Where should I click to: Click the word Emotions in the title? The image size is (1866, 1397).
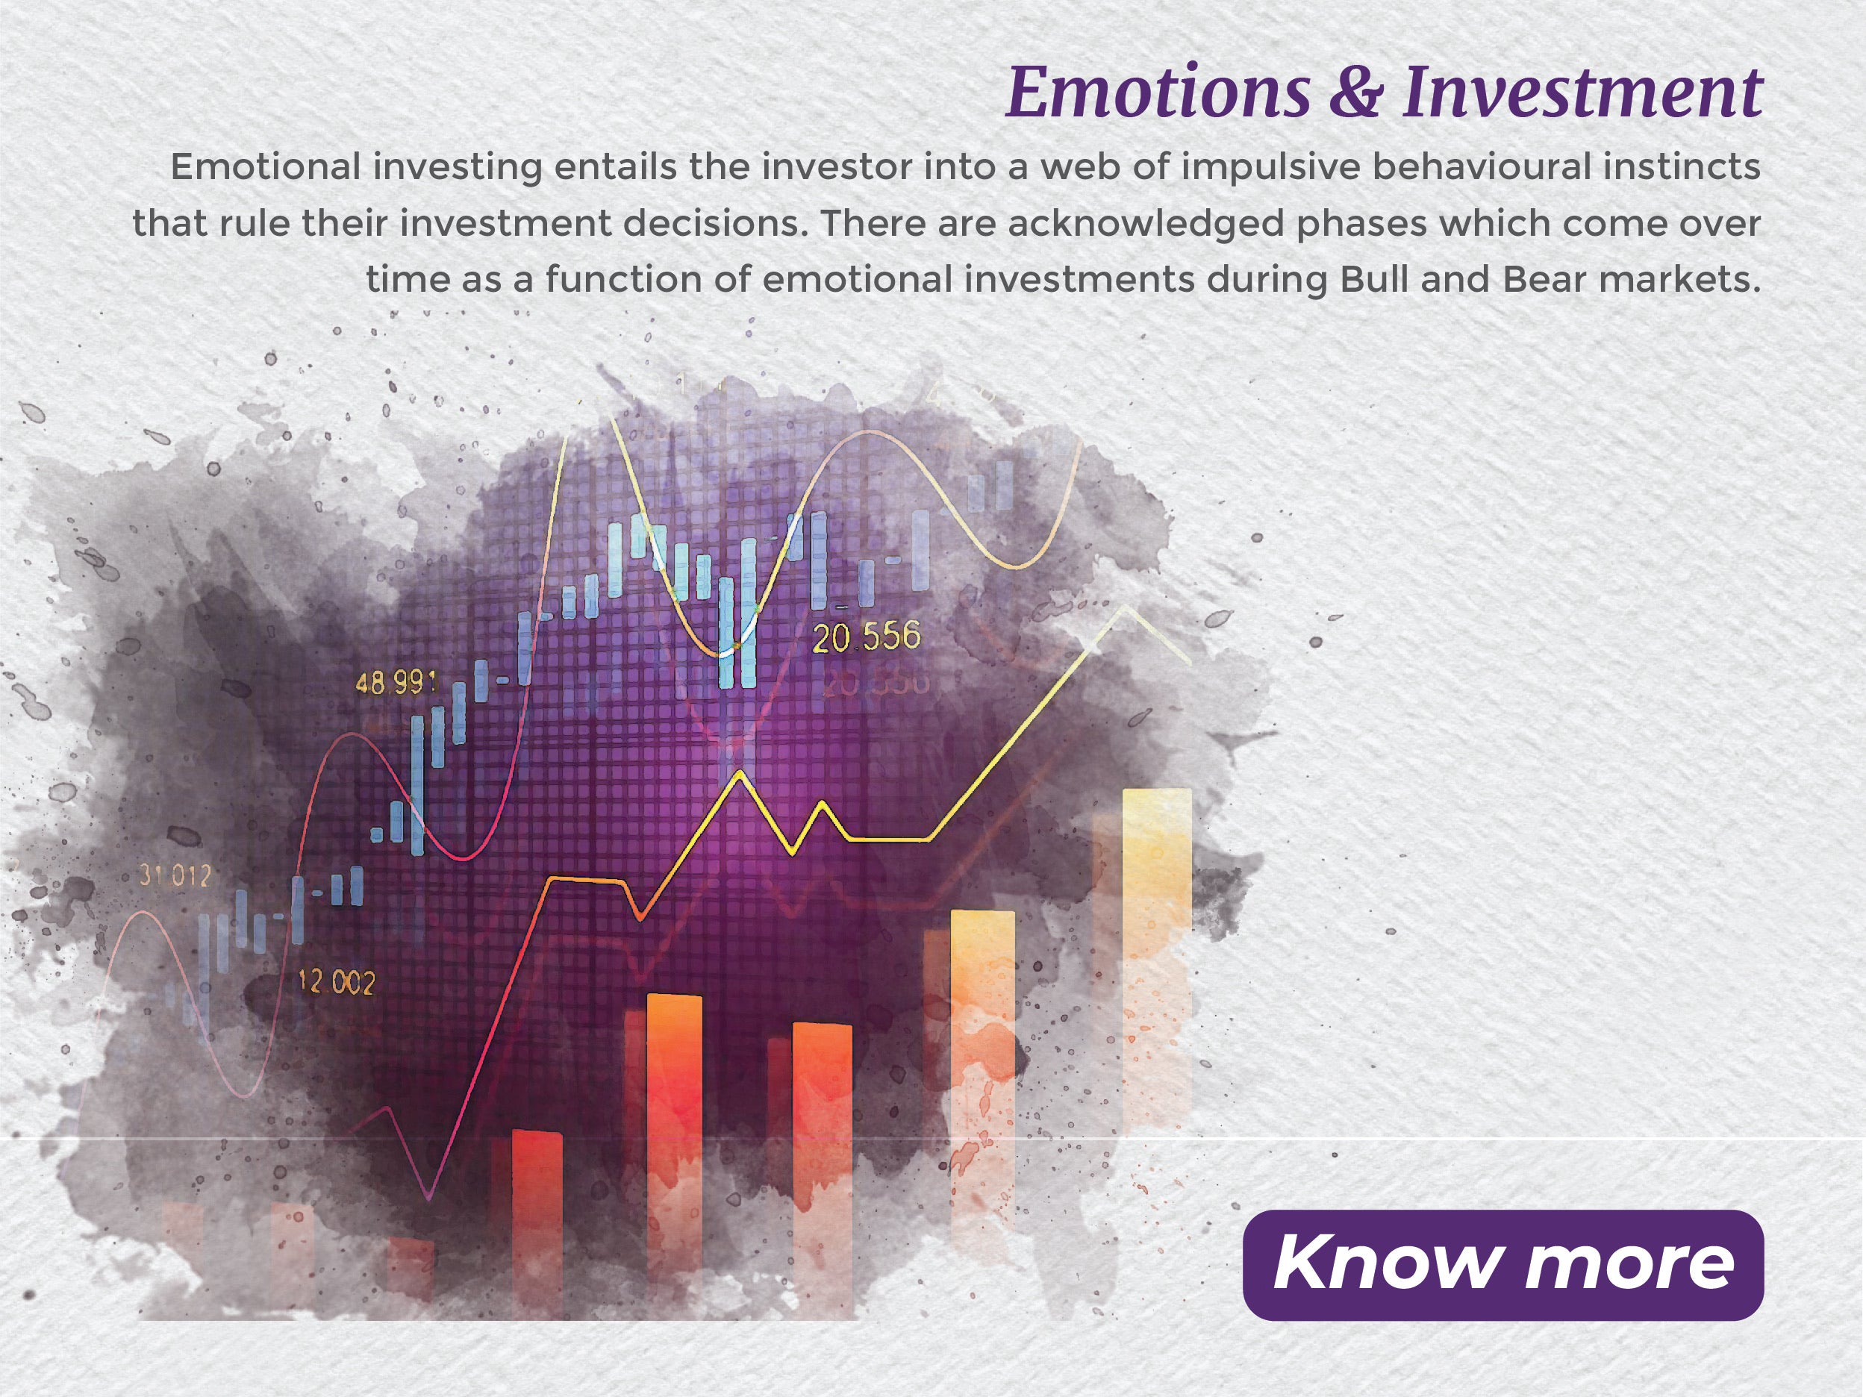(1158, 93)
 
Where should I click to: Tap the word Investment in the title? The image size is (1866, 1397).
(1582, 93)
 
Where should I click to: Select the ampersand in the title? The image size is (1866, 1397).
(1356, 93)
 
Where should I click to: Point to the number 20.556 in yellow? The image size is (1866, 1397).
(867, 638)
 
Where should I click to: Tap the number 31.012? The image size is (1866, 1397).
(175, 877)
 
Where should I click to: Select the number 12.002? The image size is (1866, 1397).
(337, 982)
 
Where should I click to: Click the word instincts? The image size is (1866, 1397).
(1678, 167)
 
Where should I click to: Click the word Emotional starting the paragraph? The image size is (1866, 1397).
(265, 167)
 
